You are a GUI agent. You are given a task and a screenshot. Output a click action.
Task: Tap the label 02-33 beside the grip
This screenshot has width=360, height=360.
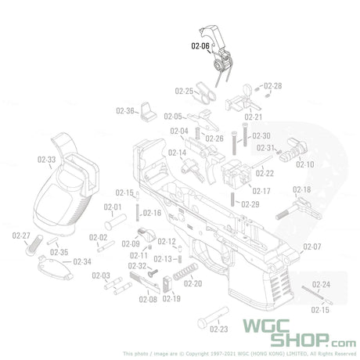46,160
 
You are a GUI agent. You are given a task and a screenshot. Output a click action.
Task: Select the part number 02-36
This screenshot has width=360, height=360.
125,110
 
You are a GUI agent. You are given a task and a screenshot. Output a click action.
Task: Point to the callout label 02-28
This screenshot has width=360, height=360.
273,85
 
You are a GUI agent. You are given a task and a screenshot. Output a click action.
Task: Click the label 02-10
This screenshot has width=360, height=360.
304,165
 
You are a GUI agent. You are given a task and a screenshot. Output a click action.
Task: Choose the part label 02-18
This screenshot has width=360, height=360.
301,190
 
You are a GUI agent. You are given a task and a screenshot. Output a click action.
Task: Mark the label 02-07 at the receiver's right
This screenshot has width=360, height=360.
312,247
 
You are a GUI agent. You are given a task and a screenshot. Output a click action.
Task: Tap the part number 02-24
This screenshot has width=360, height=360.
321,285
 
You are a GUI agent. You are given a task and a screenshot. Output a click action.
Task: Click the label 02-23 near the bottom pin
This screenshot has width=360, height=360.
219,330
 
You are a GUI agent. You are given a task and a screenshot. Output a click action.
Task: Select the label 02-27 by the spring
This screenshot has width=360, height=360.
21,236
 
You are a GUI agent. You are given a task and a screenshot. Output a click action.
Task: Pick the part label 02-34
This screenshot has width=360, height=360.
82,261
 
